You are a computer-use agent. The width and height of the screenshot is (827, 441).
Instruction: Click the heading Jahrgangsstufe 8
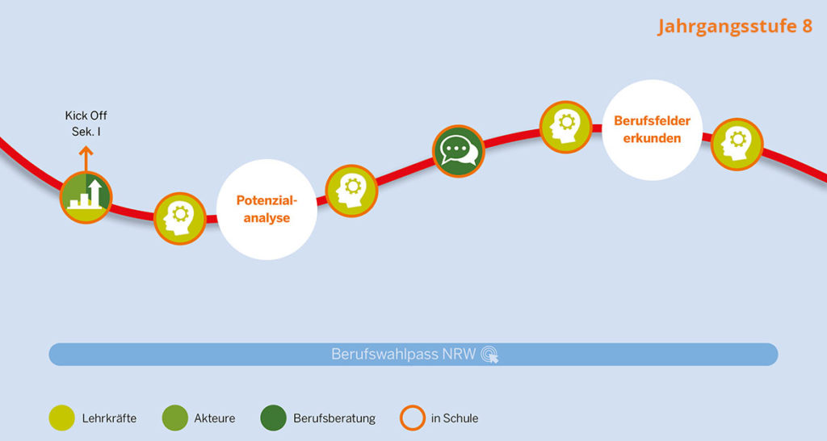click(x=735, y=26)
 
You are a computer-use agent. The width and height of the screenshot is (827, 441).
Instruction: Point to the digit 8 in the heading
click(x=806, y=26)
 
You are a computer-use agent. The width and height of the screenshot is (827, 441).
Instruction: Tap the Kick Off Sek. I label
click(x=86, y=123)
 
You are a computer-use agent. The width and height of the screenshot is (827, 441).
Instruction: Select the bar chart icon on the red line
click(x=86, y=196)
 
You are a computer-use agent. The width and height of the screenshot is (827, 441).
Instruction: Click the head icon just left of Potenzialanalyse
click(x=179, y=217)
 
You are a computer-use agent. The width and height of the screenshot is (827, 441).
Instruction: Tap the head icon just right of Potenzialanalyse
click(x=351, y=191)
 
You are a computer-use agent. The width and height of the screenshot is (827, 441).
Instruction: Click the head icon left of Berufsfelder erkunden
click(x=565, y=127)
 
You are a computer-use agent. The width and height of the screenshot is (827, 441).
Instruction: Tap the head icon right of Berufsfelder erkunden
click(x=737, y=144)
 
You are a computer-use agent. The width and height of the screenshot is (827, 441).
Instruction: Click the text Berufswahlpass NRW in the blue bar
click(x=404, y=354)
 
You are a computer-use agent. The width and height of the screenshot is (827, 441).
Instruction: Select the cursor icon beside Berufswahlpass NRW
click(x=489, y=355)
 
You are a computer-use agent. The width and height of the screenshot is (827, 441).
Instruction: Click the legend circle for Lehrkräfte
click(x=61, y=418)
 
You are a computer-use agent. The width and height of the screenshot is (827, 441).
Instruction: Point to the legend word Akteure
click(x=214, y=418)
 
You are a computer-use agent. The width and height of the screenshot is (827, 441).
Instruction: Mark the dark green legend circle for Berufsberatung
click(x=273, y=418)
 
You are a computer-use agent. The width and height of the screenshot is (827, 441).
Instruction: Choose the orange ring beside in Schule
click(x=412, y=418)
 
